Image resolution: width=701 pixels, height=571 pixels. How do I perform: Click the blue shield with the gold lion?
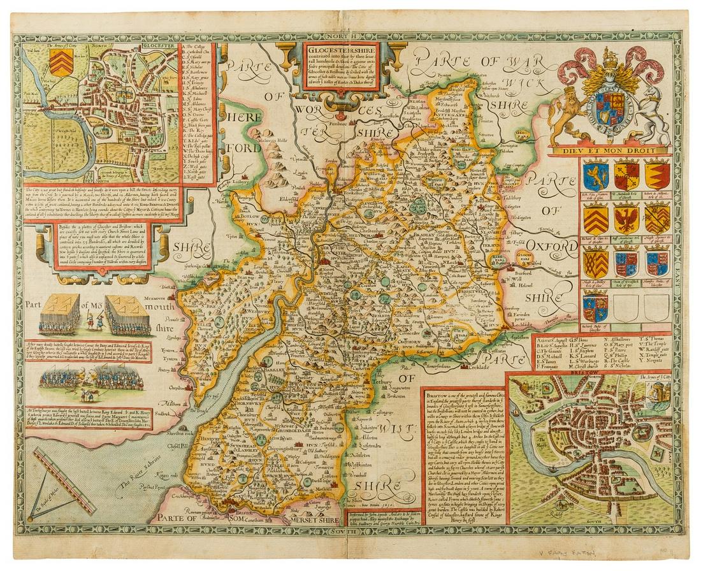point(596,175)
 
